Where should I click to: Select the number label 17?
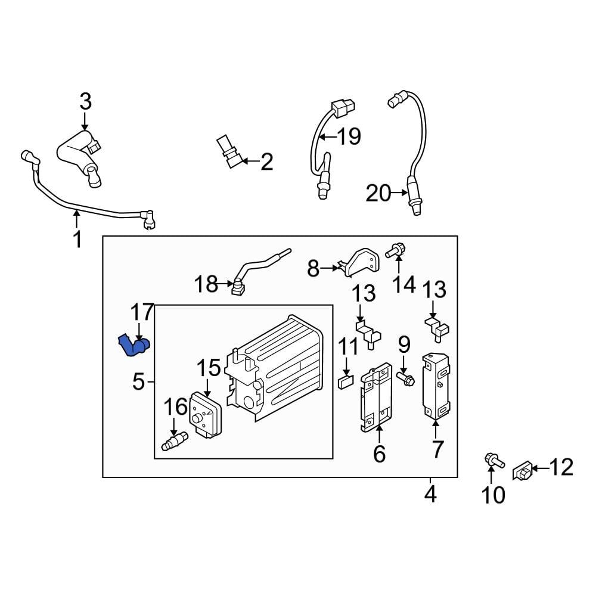(142, 313)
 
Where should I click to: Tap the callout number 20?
(378, 193)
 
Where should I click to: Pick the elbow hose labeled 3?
(77, 155)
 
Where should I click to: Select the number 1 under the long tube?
(77, 240)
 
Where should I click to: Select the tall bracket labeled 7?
(435, 387)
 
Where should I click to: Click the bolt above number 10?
(492, 460)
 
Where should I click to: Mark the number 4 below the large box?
(430, 494)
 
